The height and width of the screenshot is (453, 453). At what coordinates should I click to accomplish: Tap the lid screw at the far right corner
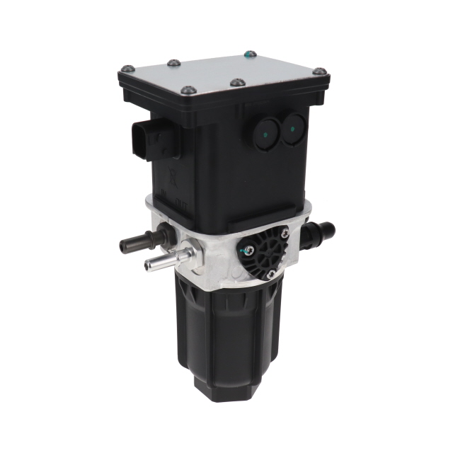pyautogui.click(x=319, y=71)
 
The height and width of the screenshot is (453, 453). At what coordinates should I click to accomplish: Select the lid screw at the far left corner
pyautogui.click(x=128, y=69)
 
